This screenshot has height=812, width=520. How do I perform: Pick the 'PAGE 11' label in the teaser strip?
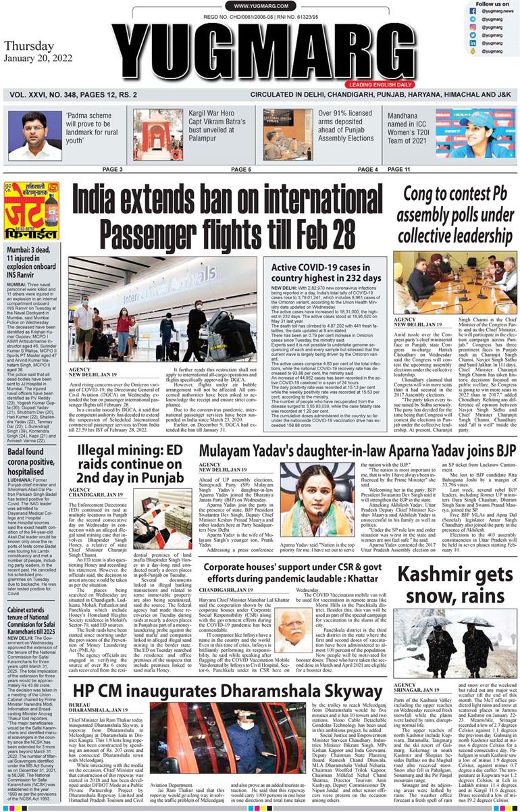click(417, 169)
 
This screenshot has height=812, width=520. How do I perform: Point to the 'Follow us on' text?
click(492, 4)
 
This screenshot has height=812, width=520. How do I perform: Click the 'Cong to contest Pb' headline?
click(453, 214)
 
